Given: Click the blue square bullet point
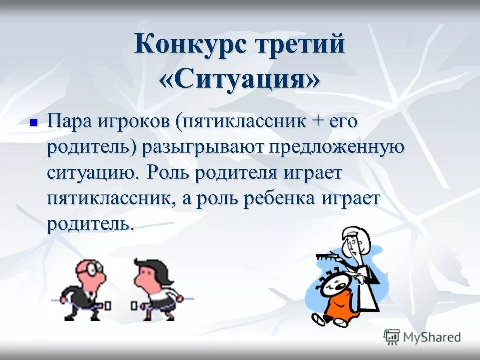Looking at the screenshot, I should [x=34, y=122].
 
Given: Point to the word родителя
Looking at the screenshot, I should [x=245, y=174].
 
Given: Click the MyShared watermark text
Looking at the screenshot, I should [x=432, y=337].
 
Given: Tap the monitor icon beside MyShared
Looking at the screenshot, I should [x=392, y=336].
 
